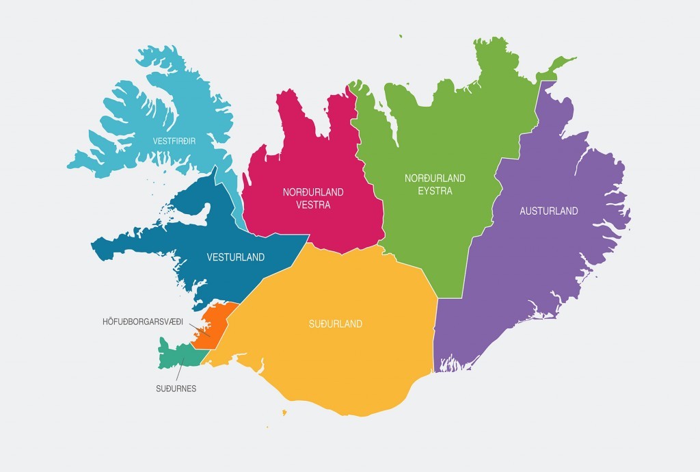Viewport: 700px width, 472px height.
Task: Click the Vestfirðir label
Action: coord(174,141)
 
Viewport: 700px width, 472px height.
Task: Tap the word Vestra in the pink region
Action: coord(313,205)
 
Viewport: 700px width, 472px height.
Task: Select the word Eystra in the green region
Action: coord(435,191)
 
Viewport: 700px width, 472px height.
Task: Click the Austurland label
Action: coord(549,211)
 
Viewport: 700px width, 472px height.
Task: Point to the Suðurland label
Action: coord(335,324)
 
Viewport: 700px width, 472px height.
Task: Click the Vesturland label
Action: coord(235,258)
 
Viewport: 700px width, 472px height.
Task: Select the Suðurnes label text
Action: coord(176,389)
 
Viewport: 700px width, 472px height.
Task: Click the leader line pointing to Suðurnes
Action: coord(181,369)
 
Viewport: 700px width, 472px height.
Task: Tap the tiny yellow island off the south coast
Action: coord(284,412)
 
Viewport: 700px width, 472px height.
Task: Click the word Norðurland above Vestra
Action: coord(313,192)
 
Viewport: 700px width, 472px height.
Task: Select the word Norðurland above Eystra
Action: coord(435,178)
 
